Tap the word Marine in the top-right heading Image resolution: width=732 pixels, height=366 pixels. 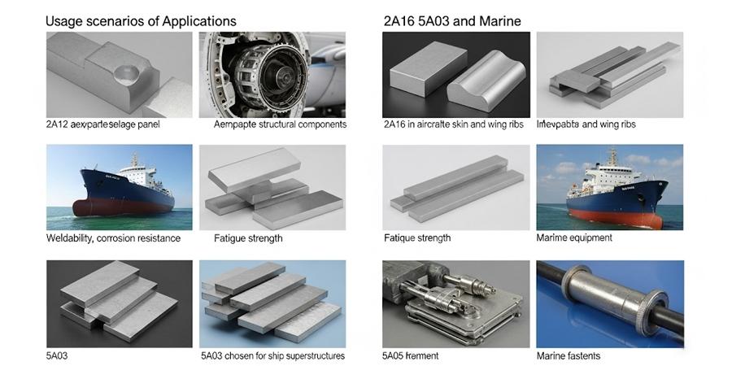(496, 20)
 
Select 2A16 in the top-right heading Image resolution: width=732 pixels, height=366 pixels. (399, 20)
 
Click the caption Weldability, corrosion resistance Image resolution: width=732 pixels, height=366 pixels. (113, 238)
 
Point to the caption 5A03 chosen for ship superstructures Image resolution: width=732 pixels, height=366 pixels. (272, 355)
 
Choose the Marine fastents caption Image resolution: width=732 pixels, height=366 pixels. (569, 355)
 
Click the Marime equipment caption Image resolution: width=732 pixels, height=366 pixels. (574, 238)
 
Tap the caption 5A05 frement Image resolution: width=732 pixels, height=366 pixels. (410, 355)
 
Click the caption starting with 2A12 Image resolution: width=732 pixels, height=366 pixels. (102, 124)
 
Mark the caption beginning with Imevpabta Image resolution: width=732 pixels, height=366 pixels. (586, 124)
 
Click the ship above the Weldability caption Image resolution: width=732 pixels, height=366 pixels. (122, 191)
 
